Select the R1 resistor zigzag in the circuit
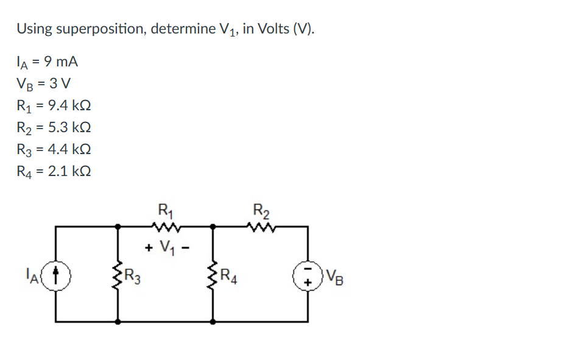[164, 227]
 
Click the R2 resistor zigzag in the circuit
[261, 227]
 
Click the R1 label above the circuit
[164, 211]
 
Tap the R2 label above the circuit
[261, 211]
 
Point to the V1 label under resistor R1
[166, 248]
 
